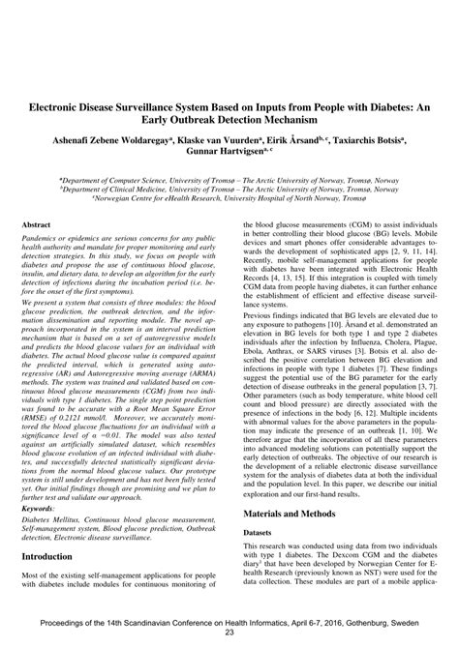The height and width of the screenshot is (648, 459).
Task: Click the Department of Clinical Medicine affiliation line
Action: click(x=229, y=189)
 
